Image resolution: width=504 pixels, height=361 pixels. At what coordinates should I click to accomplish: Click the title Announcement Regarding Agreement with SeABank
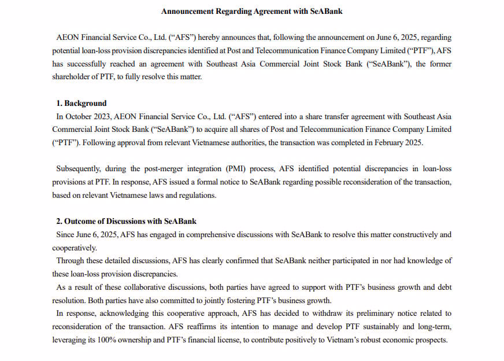[x=251, y=11]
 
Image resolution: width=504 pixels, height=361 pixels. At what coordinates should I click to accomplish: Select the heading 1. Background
[x=81, y=103]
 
